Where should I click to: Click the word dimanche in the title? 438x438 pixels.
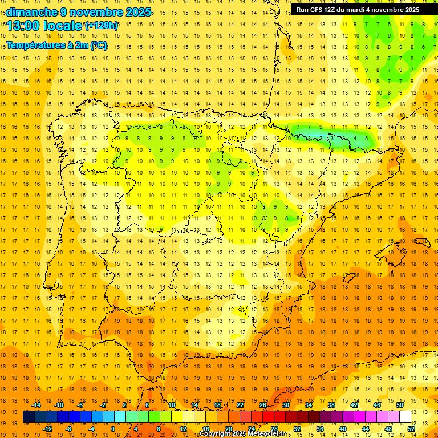pyautogui.click(x=31, y=12)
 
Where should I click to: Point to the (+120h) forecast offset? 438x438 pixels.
pyautogui.click(x=102, y=25)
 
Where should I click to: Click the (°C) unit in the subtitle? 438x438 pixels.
pyautogui.click(x=98, y=45)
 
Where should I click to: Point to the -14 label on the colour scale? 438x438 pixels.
pyautogui.click(x=35, y=405)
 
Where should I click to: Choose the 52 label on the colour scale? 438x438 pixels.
pyautogui.click(x=411, y=429)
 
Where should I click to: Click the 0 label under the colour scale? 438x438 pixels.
pyautogui.click(x=113, y=429)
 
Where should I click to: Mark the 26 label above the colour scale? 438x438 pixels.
pyautogui.click(x=263, y=405)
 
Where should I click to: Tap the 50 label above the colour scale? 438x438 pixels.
pyautogui.click(x=400, y=405)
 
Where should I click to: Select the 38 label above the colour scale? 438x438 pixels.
pyautogui.click(x=331, y=405)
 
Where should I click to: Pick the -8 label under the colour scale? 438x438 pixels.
pyautogui.click(x=68, y=429)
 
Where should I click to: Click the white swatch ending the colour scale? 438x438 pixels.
pyautogui.click(x=405, y=417)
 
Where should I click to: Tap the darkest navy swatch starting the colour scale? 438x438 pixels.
pyautogui.click(x=29, y=417)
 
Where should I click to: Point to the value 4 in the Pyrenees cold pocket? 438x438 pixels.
pyautogui.click(x=355, y=138)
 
